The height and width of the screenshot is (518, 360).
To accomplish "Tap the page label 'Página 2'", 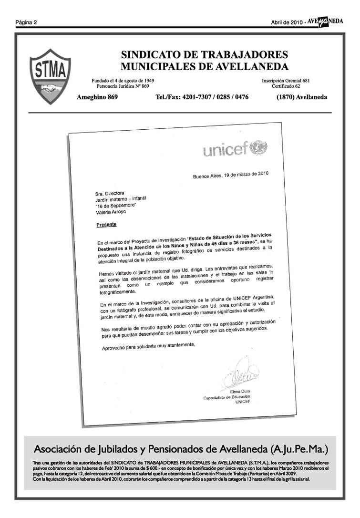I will pyautogui.click(x=26, y=22).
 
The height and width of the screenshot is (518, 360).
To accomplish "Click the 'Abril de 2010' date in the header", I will pyautogui.click(x=286, y=22).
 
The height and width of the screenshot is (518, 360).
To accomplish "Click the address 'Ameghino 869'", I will pyautogui.click(x=97, y=97).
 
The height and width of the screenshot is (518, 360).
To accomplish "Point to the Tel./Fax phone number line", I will pyautogui.click(x=202, y=97).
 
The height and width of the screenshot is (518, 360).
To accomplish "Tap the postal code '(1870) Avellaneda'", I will pyautogui.click(x=302, y=97).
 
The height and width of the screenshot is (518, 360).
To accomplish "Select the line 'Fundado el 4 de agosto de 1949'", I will pyautogui.click(x=123, y=81).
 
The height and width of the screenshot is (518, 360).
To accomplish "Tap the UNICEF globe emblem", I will pyautogui.click(x=259, y=147).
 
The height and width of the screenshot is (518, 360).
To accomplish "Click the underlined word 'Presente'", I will pyautogui.click(x=106, y=224).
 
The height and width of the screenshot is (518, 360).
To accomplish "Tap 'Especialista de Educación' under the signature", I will pyautogui.click(x=227, y=397).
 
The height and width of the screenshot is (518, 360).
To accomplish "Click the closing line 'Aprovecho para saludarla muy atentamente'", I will pyautogui.click(x=149, y=347).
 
